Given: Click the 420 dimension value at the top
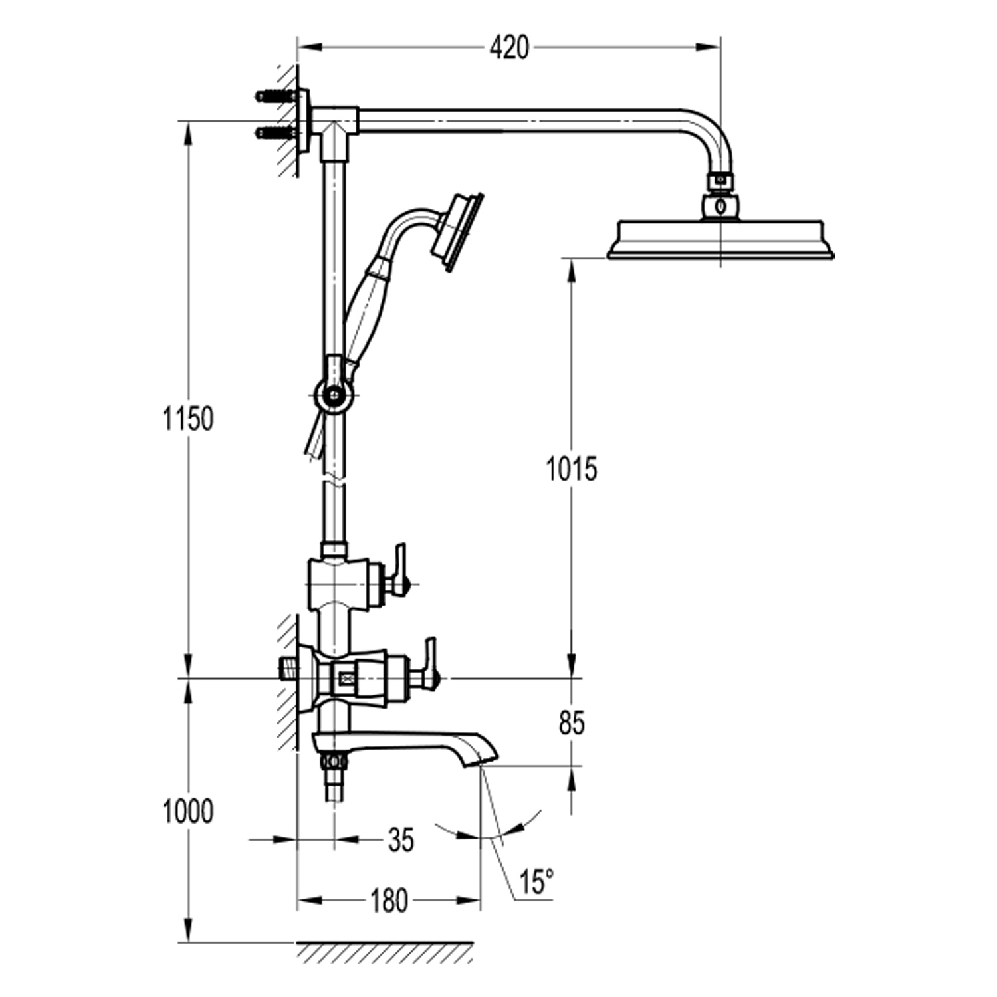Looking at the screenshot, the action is click(x=510, y=48).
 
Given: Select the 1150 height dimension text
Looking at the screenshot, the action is click(x=189, y=419).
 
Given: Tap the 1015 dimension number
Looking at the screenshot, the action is click(x=572, y=469).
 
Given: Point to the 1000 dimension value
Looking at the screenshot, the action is click(x=189, y=812).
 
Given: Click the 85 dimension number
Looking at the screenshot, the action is click(x=572, y=723).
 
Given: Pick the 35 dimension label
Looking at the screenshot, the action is click(x=401, y=840).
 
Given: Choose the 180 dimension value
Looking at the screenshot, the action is click(x=389, y=901).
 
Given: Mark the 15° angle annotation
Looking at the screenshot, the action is click(x=536, y=883).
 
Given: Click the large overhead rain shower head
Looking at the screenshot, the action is click(x=720, y=239).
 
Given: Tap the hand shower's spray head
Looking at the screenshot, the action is click(x=457, y=232).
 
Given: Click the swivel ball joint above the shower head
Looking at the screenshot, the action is click(x=721, y=205).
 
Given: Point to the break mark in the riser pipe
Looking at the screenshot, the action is click(x=334, y=480).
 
